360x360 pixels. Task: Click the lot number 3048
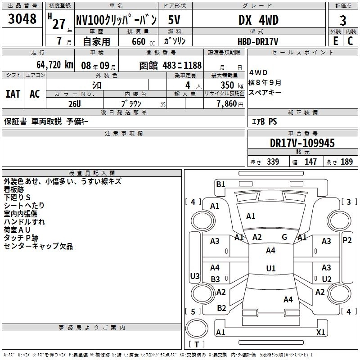point(22,20)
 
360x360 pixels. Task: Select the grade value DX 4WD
point(258,20)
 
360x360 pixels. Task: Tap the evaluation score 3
point(343,21)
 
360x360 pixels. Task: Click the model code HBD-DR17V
point(258,41)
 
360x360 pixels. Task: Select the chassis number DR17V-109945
point(302,143)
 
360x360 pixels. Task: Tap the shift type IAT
point(13,94)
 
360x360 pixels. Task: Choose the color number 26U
point(74,103)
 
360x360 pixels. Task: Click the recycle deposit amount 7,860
point(226,103)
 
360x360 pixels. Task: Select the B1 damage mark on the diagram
point(220,184)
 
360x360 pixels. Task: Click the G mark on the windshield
point(284,237)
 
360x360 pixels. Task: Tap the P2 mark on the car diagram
point(347,240)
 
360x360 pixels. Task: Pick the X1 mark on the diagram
point(321,333)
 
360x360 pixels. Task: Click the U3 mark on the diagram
point(194,276)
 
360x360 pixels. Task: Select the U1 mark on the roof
point(270,268)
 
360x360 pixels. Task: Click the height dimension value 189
point(347,162)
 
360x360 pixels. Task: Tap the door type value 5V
point(175,20)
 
